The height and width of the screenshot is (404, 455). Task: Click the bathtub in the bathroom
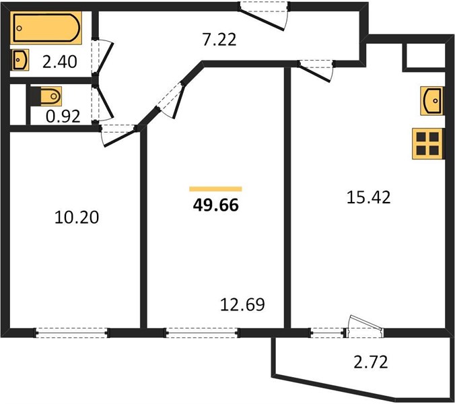click(46, 28)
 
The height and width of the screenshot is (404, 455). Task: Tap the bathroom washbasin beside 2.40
click(20, 60)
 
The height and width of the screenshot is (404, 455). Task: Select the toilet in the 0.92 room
click(46, 96)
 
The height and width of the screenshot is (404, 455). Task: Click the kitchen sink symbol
click(431, 101)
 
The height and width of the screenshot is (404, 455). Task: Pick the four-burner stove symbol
click(427, 143)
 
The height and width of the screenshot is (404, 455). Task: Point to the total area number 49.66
click(216, 205)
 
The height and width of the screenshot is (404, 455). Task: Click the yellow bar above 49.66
click(215, 189)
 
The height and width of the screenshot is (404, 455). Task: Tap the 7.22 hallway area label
click(219, 40)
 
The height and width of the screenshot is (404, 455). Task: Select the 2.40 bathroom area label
click(60, 61)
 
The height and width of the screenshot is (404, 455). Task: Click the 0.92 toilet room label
click(63, 116)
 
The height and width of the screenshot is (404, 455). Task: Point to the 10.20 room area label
click(77, 217)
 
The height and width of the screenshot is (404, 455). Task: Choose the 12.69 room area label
click(242, 304)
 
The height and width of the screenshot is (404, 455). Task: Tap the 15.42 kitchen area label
click(369, 197)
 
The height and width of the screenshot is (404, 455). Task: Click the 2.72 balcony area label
click(371, 362)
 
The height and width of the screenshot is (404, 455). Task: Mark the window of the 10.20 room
click(71, 333)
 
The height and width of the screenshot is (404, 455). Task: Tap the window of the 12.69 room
click(202, 333)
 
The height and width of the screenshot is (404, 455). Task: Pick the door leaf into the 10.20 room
click(120, 139)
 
